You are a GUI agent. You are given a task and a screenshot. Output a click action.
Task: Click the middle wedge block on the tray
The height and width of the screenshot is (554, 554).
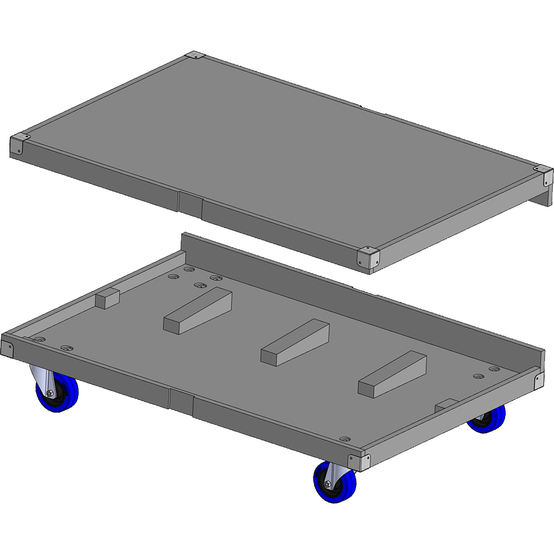pos(295,342)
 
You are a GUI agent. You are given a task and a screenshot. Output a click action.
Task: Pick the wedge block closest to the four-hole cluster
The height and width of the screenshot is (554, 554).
pos(198,310)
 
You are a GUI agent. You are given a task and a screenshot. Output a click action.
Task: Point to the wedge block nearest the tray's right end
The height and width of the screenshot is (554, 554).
pos(392,375)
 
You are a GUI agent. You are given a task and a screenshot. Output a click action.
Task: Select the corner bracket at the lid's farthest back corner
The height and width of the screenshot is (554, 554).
pos(195,56)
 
